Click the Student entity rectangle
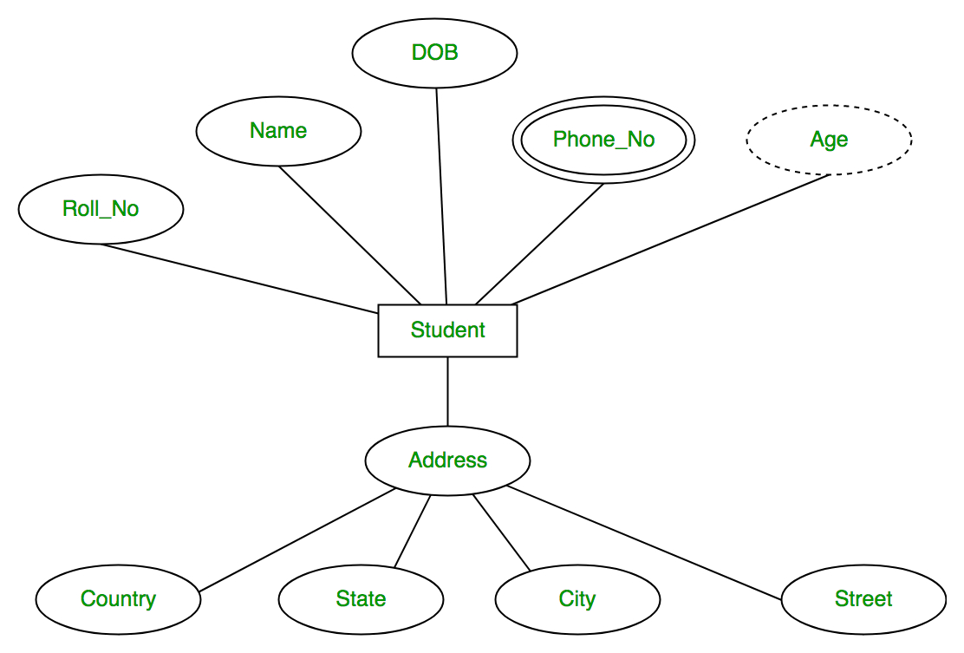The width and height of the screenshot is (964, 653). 447,330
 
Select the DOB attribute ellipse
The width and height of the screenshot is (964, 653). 434,53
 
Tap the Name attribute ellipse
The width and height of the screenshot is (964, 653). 278,131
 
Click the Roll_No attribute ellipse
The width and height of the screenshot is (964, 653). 101,209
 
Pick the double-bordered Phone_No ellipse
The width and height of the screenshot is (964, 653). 603,140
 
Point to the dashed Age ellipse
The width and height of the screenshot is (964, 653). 829,140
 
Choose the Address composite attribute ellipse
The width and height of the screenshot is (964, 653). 447,460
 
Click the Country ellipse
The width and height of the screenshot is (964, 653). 118,599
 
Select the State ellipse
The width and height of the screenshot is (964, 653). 361,599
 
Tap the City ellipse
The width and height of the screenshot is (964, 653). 577,599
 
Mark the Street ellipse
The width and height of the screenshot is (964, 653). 863,599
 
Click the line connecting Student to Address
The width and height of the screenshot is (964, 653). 447,391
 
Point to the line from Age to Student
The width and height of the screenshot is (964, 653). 672,239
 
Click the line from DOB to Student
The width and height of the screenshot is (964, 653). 441,195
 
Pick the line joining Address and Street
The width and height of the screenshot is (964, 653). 643,542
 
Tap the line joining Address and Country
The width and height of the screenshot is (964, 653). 297,539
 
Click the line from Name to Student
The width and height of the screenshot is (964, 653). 350,235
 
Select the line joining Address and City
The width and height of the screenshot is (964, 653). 501,533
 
